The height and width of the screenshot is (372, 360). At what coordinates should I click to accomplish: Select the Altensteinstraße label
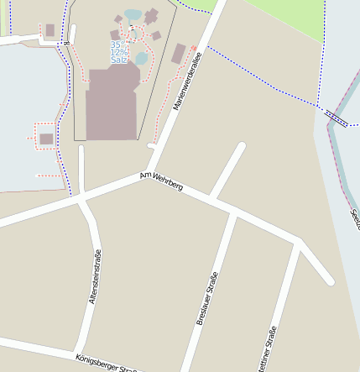pyautogui.click(x=95, y=276)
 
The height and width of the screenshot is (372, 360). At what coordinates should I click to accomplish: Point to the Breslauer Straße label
pyautogui.click(x=207, y=299)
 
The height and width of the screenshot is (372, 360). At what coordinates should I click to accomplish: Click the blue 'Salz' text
pyautogui.click(x=119, y=60)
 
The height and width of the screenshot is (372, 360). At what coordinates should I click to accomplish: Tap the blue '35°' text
pyautogui.click(x=118, y=45)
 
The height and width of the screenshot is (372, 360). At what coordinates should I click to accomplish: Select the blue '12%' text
pyautogui.click(x=118, y=52)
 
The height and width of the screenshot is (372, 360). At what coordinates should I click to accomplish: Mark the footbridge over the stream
pyautogui.click(x=336, y=117)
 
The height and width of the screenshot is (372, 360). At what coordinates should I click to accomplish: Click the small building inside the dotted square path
pyautogui.click(x=46, y=139)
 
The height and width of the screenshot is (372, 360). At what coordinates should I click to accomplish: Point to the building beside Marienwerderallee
pyautogui.click(x=179, y=54)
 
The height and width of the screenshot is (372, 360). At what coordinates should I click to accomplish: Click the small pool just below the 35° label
pyautogui.click(x=141, y=57)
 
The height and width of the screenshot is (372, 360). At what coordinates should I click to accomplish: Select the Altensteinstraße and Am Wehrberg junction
pyautogui.click(x=82, y=198)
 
